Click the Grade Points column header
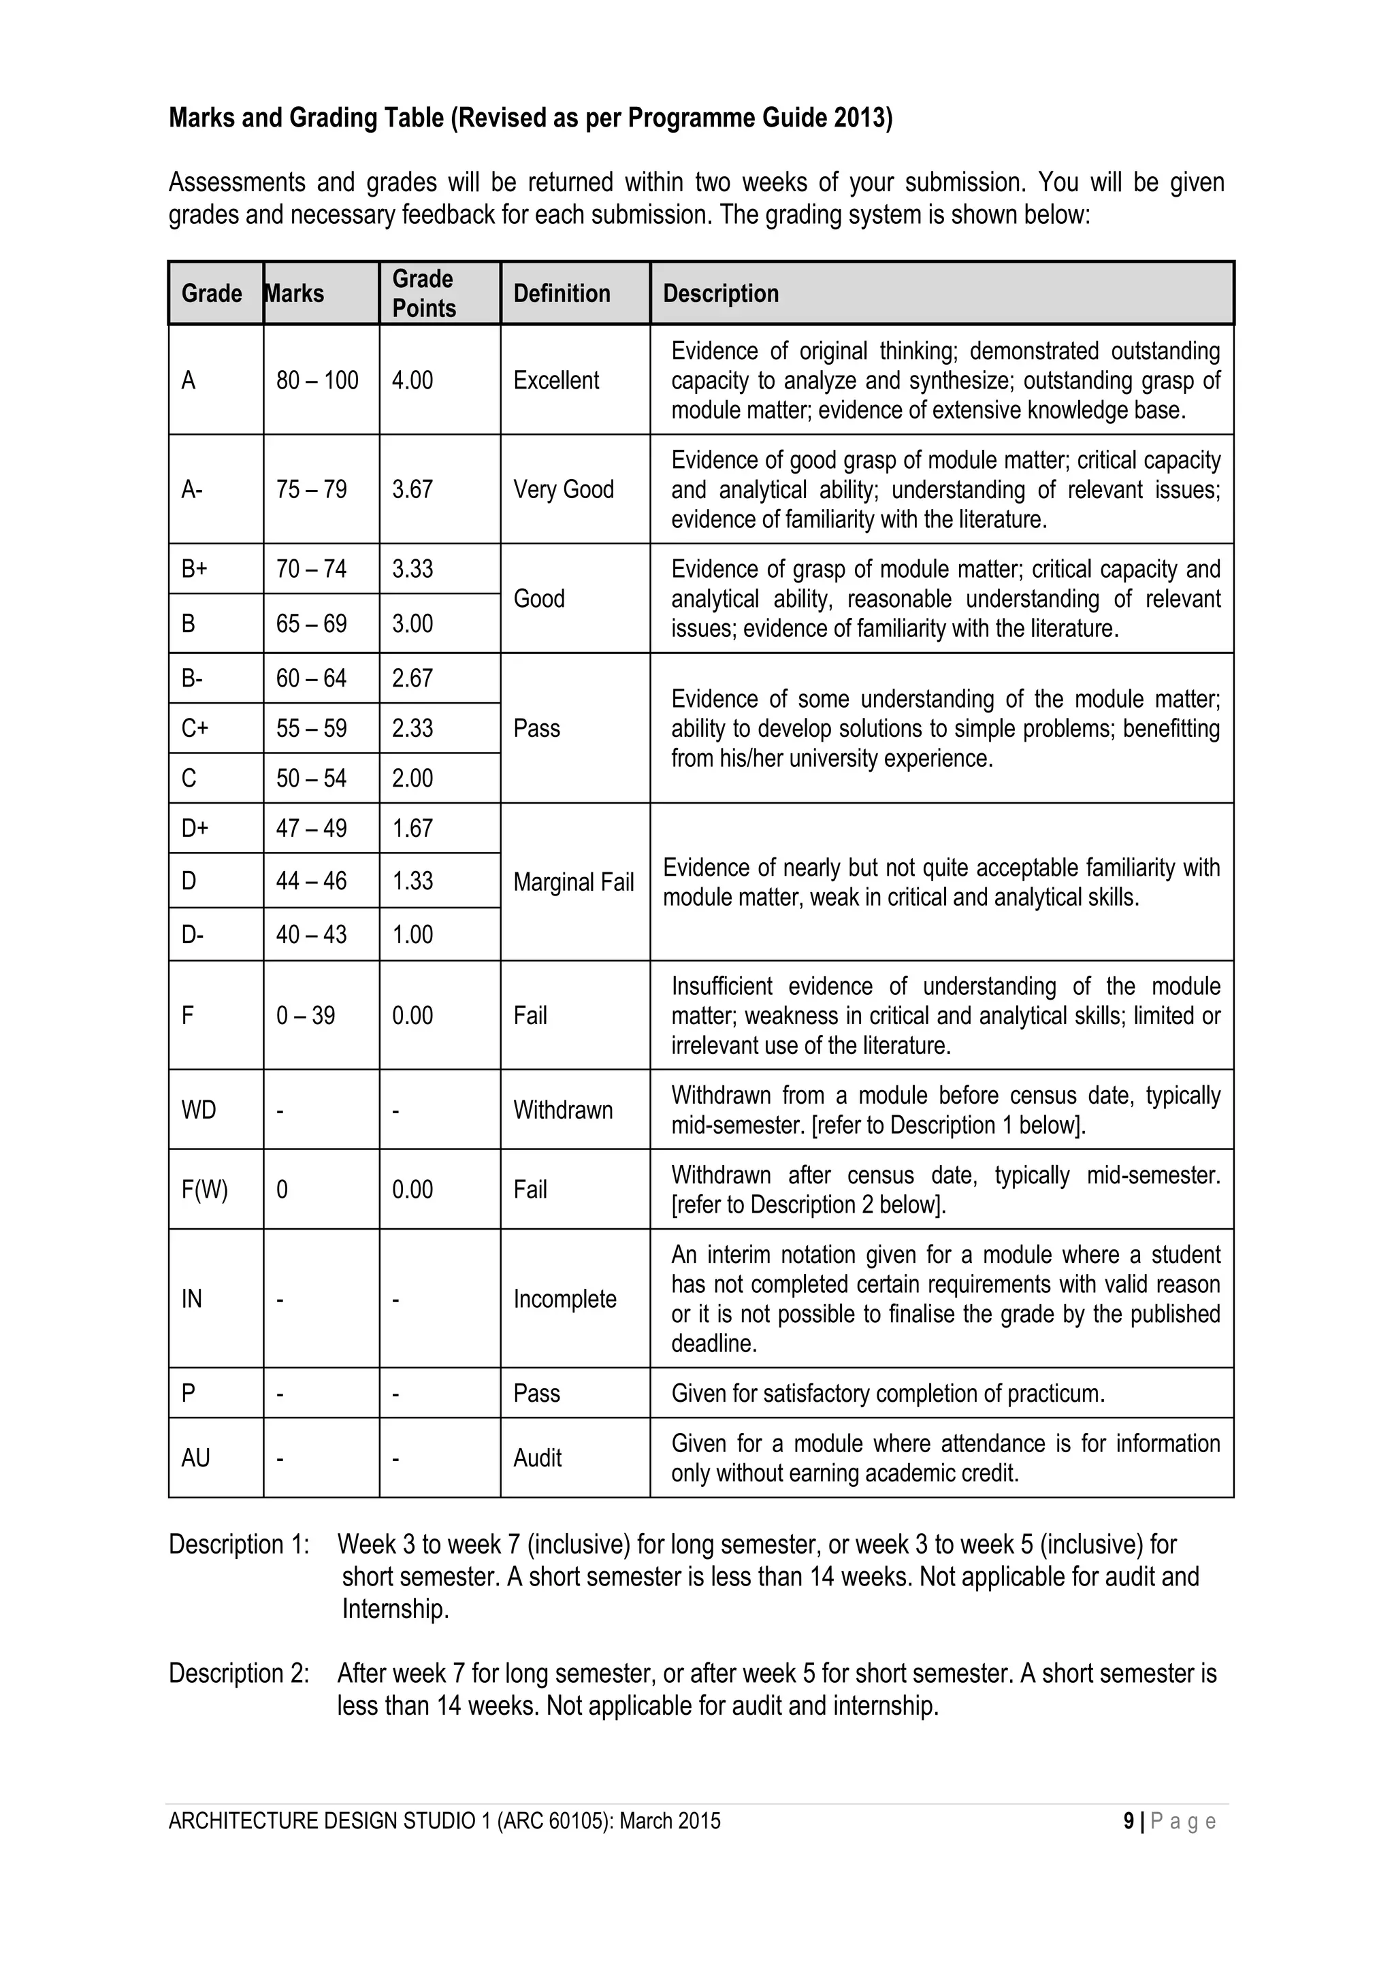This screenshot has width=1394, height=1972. click(x=423, y=294)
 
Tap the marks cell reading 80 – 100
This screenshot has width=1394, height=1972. click(x=317, y=380)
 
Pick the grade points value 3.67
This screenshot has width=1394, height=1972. click(x=412, y=489)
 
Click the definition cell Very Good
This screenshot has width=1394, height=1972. click(x=564, y=489)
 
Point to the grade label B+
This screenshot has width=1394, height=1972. click(x=194, y=570)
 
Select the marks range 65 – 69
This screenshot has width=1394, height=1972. click(x=311, y=623)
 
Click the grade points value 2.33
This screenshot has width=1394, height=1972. click(x=412, y=728)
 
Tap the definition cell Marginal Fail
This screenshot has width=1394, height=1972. click(x=573, y=882)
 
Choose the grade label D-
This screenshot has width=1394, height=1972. click(x=193, y=934)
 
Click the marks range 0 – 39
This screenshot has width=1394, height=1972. click(x=305, y=1016)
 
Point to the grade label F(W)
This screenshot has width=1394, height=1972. click(x=204, y=1189)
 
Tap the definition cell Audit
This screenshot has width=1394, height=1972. click(x=537, y=1458)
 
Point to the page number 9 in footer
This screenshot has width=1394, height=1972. click(x=1128, y=1821)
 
